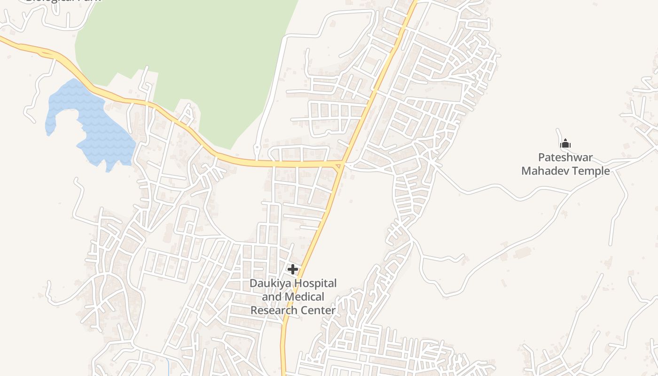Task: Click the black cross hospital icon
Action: tap(293, 269)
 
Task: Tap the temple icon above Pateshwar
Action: tap(565, 143)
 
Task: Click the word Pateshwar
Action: tap(565, 157)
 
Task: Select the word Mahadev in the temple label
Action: tap(545, 171)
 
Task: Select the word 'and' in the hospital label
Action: tap(271, 297)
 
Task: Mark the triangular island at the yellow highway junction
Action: tap(340, 166)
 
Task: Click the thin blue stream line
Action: tap(168, 367)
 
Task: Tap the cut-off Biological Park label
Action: tap(63, 1)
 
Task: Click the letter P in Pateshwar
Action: tap(541, 157)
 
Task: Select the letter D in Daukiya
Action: tap(253, 283)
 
